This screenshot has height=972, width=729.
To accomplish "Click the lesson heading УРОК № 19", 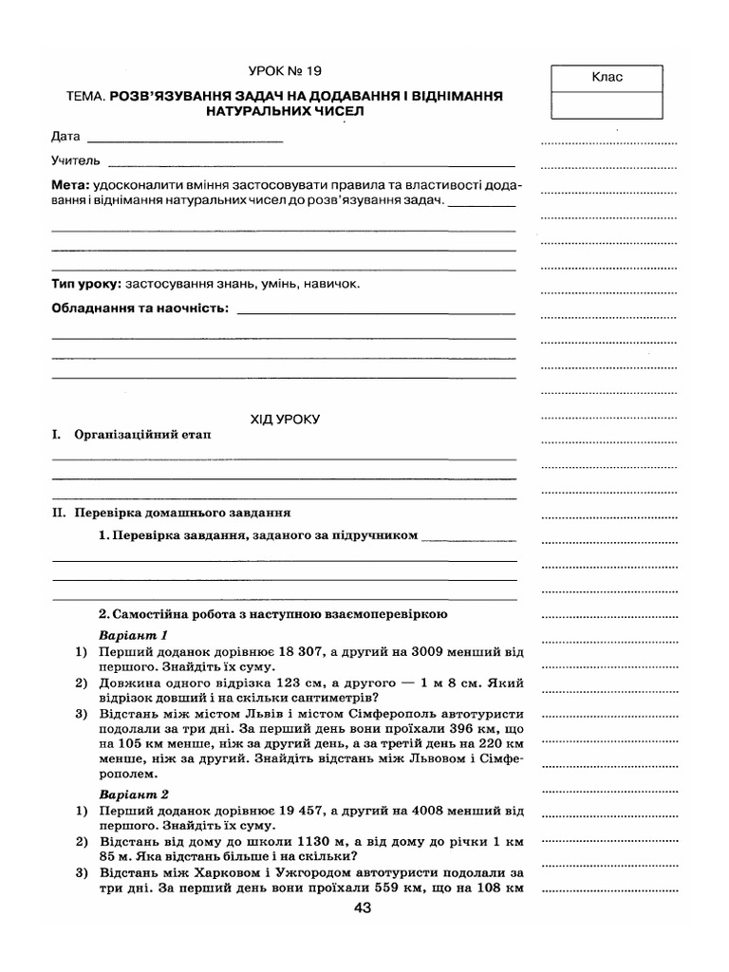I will click(290, 70).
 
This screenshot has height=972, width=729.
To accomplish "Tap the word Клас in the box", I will click(607, 77).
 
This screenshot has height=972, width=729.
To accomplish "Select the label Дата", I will click(66, 139).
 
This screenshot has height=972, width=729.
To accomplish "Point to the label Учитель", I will click(76, 160).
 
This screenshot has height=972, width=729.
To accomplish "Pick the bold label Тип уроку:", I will click(85, 284).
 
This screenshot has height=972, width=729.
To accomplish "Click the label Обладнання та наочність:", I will click(140, 308).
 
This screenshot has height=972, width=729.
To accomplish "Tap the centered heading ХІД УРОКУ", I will click(286, 417).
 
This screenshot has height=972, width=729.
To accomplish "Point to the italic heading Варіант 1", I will click(133, 635).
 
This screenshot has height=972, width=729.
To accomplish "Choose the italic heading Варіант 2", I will click(133, 792).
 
